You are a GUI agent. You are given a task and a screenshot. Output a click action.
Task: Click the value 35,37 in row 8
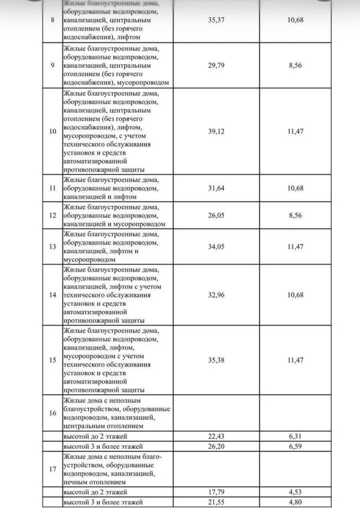point(216,20)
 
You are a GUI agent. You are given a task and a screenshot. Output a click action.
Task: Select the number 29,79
point(216,66)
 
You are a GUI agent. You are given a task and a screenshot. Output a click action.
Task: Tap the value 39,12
point(216,131)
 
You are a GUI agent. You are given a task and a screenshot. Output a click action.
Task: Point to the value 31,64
point(216,188)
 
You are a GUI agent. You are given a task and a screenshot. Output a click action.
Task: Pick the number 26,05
point(216,215)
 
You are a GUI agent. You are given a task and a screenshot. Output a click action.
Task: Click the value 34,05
point(216,246)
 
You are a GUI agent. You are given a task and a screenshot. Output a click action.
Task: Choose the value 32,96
point(216,295)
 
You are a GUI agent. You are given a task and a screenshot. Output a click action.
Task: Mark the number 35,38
point(216,360)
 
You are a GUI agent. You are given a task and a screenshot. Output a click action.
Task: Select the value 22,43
point(216,436)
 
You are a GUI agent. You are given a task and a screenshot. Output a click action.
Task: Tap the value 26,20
point(216,446)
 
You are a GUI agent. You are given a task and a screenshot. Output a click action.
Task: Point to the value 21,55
point(216,501)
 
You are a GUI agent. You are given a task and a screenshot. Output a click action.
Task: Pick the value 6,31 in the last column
point(295,436)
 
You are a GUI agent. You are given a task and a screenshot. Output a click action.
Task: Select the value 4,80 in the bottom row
point(295,501)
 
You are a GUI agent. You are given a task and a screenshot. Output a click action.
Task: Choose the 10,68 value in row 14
point(295,295)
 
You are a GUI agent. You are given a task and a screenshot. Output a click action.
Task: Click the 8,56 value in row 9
point(295,66)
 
